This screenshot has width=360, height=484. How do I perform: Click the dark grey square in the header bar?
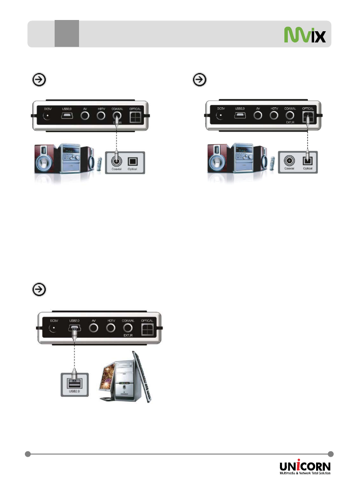(x=66, y=34)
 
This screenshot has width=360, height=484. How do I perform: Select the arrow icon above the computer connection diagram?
(x=39, y=289)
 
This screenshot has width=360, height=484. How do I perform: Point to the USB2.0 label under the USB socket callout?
(x=73, y=391)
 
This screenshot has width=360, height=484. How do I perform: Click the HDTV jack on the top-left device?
(x=101, y=116)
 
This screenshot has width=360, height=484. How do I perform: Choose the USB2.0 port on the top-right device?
(x=240, y=116)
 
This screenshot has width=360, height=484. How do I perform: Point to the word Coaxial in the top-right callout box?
(x=290, y=169)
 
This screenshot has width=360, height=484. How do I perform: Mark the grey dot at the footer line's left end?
(x=28, y=454)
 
